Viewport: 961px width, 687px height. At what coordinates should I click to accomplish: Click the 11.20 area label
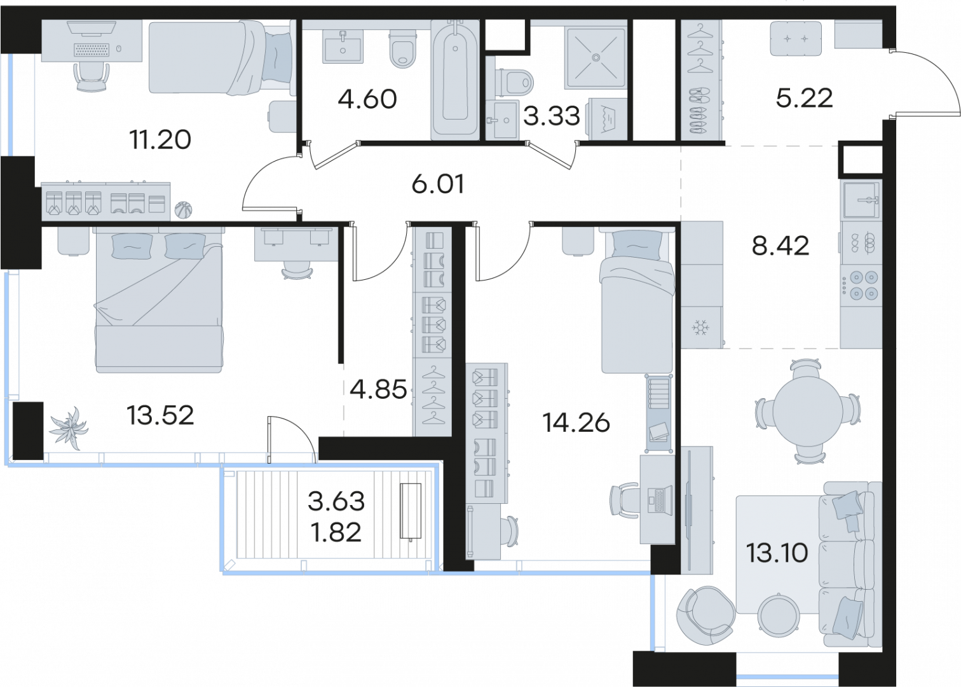[x=160, y=140]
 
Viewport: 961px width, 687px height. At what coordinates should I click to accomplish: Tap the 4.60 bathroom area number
[x=367, y=99]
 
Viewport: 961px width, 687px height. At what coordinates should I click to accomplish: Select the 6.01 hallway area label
[x=437, y=184]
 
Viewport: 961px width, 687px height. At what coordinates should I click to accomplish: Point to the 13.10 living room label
[x=777, y=552]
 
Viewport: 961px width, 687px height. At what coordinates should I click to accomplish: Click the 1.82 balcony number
[x=336, y=532]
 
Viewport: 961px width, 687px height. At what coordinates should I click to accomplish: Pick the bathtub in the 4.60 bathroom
[x=455, y=80]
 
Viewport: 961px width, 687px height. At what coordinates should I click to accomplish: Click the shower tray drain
[x=596, y=57]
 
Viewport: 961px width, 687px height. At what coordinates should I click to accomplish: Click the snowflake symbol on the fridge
[x=700, y=328]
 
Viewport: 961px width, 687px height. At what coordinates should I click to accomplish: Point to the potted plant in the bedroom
[x=69, y=427]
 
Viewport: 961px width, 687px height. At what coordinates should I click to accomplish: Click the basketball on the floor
[x=183, y=211]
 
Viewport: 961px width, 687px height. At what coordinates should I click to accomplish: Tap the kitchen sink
[x=861, y=200]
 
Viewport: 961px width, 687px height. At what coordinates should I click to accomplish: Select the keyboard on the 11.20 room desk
[x=91, y=50]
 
